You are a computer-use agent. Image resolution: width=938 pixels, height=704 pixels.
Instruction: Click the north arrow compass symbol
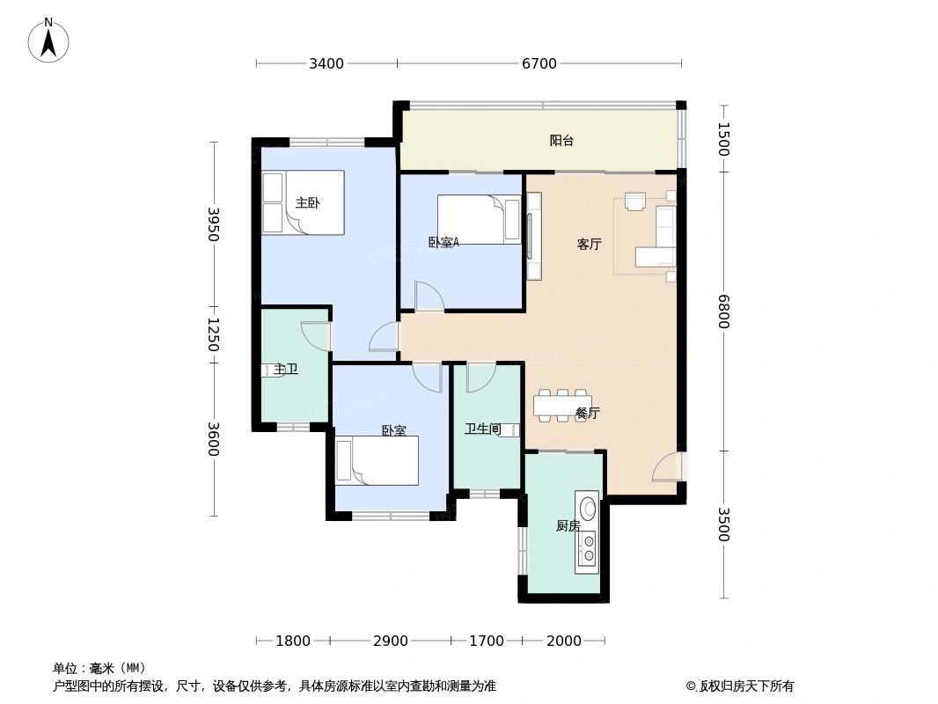[x=49, y=40]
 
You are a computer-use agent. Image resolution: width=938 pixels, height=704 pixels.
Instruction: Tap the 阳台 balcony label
[x=561, y=141]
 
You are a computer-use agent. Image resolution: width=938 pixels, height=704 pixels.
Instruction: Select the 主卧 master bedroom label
[x=307, y=203]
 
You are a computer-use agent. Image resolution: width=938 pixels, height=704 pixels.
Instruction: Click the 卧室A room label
[x=443, y=243]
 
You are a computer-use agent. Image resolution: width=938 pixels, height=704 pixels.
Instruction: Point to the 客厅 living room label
[x=589, y=245]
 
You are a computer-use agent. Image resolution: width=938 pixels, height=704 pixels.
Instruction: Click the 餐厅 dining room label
[x=587, y=413]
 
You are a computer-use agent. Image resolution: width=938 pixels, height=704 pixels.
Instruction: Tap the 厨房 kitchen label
[x=568, y=526]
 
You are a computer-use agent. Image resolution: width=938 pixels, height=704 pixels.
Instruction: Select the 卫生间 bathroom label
[x=482, y=429]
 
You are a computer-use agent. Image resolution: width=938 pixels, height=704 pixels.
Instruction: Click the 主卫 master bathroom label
[x=286, y=370]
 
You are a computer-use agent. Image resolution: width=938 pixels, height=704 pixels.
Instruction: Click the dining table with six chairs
[x=561, y=406]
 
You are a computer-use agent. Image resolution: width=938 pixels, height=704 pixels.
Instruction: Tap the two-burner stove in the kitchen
[x=587, y=549]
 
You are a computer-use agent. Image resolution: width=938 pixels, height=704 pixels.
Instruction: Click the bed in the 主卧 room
[x=303, y=203]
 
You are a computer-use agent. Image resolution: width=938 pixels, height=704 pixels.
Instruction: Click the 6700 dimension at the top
[x=539, y=63]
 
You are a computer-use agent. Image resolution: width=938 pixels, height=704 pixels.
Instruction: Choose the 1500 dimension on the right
[x=723, y=139]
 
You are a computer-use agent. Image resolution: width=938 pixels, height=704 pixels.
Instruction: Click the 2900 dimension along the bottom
[x=390, y=641]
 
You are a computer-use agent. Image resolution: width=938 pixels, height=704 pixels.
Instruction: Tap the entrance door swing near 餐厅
[x=668, y=466]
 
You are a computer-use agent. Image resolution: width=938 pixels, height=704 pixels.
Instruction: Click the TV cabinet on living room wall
[x=533, y=235]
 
